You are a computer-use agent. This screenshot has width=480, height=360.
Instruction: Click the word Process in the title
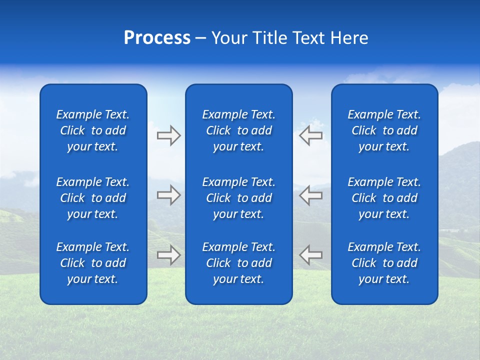pos(157,38)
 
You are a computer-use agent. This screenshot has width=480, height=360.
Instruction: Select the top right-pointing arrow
pos(168,135)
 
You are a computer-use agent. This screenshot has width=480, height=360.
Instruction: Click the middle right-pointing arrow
pos(168,195)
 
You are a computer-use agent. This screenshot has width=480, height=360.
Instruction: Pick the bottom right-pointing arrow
pos(168,255)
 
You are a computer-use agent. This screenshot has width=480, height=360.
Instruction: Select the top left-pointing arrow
pos(311,135)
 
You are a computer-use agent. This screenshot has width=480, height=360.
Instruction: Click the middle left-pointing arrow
pos(311,195)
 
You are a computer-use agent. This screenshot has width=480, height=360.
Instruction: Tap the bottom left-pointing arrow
pos(311,255)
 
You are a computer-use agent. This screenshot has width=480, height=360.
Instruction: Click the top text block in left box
pos(93,130)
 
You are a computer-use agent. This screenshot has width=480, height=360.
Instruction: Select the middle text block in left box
pos(93,198)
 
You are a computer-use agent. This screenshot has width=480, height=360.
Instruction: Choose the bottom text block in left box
pos(93,263)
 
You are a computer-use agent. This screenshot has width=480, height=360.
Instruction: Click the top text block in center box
pos(239,130)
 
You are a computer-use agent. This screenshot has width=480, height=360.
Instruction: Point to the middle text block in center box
pos(239,198)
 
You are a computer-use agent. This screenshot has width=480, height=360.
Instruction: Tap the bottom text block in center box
pos(239,263)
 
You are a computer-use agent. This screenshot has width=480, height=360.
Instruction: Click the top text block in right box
pos(384,130)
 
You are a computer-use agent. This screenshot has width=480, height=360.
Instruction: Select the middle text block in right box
pos(384,198)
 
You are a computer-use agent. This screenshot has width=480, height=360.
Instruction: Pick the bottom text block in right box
pos(384,263)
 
